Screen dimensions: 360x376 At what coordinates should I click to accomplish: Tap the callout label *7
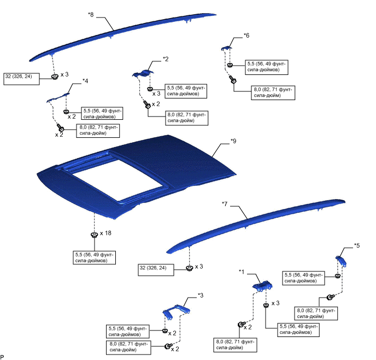pyautogui.click(x=225, y=204)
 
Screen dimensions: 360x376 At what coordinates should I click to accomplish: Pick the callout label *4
pyautogui.click(x=85, y=80)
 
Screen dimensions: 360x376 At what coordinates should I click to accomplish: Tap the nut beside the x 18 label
pyautogui.click(x=94, y=235)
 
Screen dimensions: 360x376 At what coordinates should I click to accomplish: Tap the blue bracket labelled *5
pyautogui.click(x=342, y=259)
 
